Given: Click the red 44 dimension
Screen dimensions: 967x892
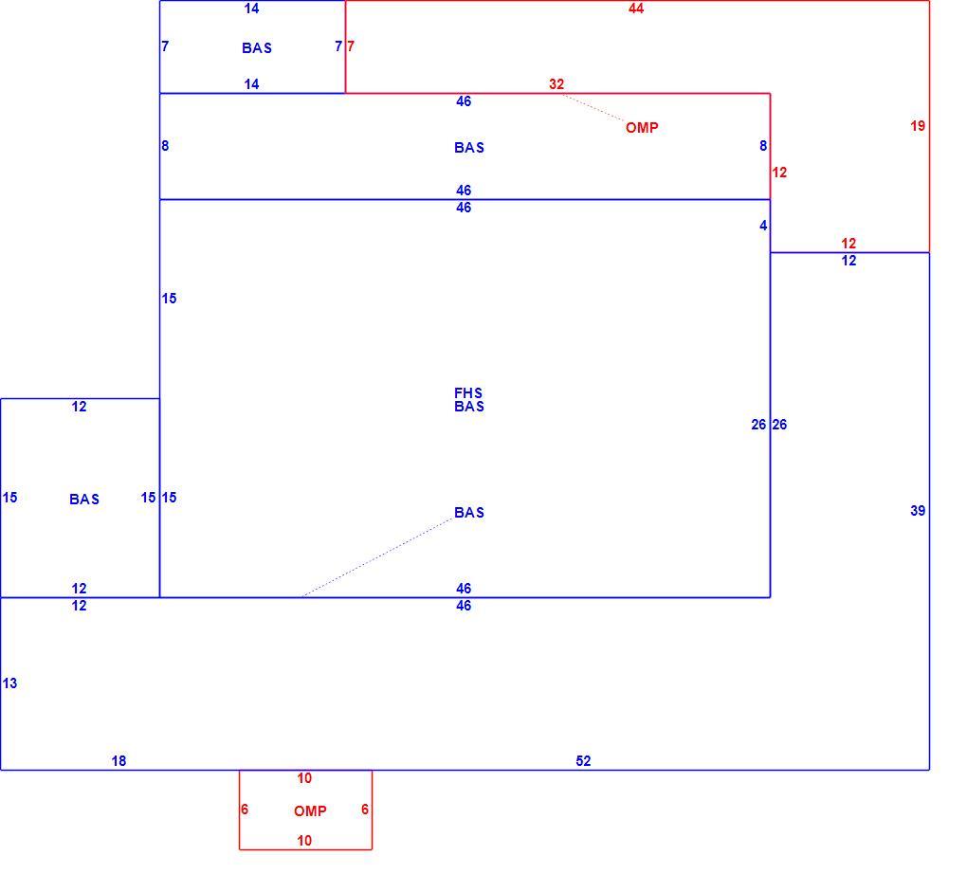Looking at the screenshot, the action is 636,9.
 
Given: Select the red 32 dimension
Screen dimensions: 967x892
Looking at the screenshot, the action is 556,84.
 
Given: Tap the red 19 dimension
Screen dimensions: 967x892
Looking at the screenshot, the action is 918,126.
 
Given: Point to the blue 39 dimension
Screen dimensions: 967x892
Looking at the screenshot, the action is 918,511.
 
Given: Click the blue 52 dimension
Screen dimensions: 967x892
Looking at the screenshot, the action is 583,761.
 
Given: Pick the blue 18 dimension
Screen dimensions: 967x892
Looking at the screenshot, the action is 119,761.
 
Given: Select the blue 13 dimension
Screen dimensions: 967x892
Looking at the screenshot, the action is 9,683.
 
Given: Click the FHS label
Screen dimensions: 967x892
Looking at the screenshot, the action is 468,393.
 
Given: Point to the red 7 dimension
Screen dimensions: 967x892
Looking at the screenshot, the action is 350,46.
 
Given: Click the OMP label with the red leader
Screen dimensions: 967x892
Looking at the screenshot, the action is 642,128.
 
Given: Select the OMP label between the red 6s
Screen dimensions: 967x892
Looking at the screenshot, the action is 310,811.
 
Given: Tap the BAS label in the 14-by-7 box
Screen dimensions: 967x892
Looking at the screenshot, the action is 257,48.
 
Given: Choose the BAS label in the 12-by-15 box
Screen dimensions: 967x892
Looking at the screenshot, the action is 84,500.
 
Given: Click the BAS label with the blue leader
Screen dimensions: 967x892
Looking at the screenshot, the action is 469,513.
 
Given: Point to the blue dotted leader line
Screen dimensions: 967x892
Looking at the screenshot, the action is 376,558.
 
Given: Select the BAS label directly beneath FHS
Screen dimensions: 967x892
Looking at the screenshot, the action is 469,407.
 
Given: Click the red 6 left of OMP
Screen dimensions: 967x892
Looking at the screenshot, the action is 245,810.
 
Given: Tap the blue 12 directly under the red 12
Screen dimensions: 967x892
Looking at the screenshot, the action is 848,261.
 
